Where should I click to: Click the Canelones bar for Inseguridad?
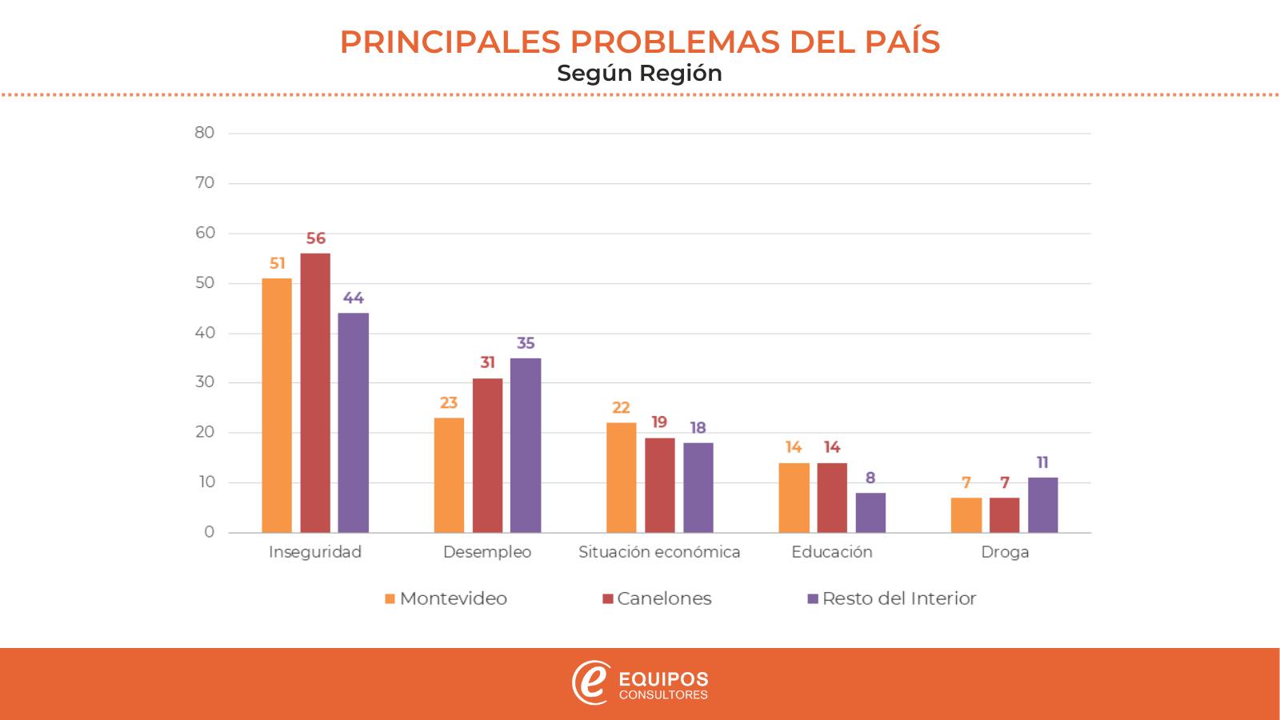pos(315,393)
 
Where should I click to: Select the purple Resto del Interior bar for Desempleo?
pos(526,445)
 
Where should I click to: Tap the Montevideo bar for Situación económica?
pos(622,478)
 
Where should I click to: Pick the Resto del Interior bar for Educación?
pos(870,513)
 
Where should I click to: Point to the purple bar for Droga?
pos(1042,505)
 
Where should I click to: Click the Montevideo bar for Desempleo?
pos(449,475)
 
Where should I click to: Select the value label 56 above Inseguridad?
pos(316,238)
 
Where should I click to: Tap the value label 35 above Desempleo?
pos(526,343)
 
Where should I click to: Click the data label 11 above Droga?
pos(1042,462)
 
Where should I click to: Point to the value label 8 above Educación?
pos(870,478)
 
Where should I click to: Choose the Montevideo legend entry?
pos(446,598)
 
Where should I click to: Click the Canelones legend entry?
pos(657,598)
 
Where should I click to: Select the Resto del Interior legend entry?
pos(891,598)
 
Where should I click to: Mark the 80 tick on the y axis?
pos(205,133)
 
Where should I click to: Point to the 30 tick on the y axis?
pos(205,382)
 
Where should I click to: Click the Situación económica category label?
pos(659,552)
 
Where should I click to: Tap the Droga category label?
pos(1005,552)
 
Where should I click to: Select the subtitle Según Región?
pos(639,73)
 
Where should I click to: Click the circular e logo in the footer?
pos(590,682)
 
